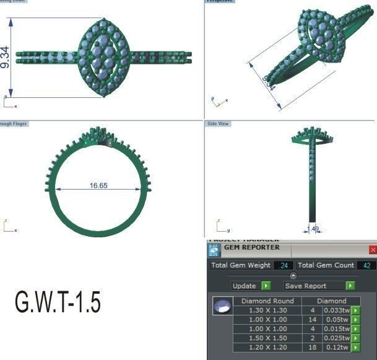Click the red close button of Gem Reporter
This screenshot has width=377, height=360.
coord(372,250)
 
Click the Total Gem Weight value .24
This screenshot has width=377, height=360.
coord(284,265)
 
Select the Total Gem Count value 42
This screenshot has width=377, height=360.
coord(366,265)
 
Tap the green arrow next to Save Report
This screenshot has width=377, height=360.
coord(350,286)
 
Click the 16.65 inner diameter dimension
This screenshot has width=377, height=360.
coord(98,185)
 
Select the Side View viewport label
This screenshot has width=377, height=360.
coord(218,124)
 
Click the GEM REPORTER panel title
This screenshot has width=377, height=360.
coord(251,248)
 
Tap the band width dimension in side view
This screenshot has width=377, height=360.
coord(314,229)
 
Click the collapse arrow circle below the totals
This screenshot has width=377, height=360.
coord(293,276)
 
